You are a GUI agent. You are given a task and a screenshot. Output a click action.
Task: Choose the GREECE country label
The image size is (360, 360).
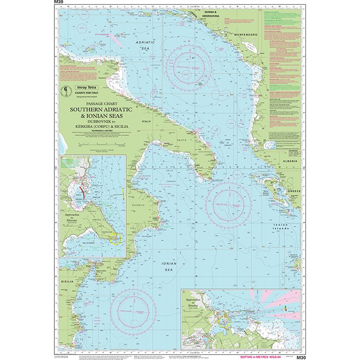(294, 190)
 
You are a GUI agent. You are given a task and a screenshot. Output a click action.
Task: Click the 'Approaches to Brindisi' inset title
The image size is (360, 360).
(194, 297)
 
